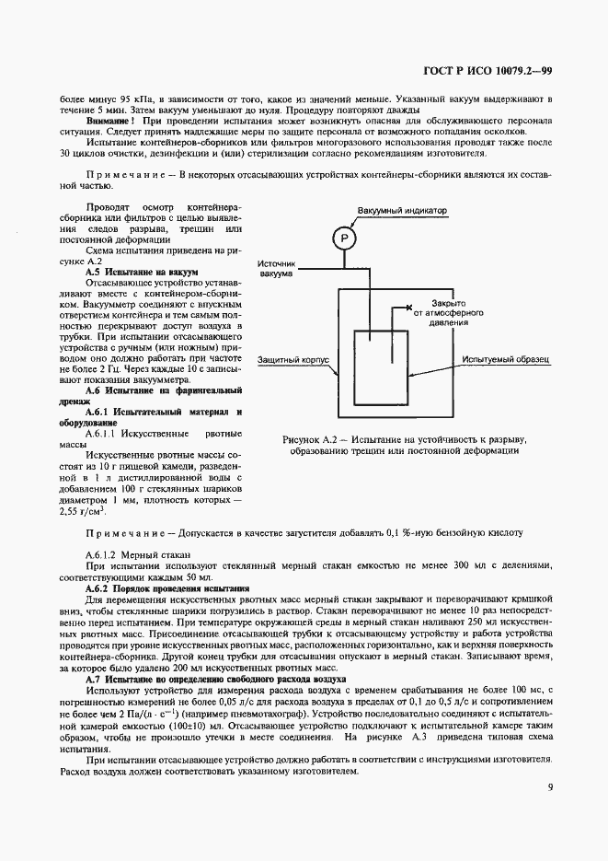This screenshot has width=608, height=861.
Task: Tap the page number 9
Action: click(549, 787)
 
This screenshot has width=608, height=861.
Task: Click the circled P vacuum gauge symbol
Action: click(343, 239)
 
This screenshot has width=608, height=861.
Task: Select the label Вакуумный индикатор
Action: click(402, 211)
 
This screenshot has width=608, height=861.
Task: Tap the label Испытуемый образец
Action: click(505, 360)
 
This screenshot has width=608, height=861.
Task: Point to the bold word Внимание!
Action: click(110, 121)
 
